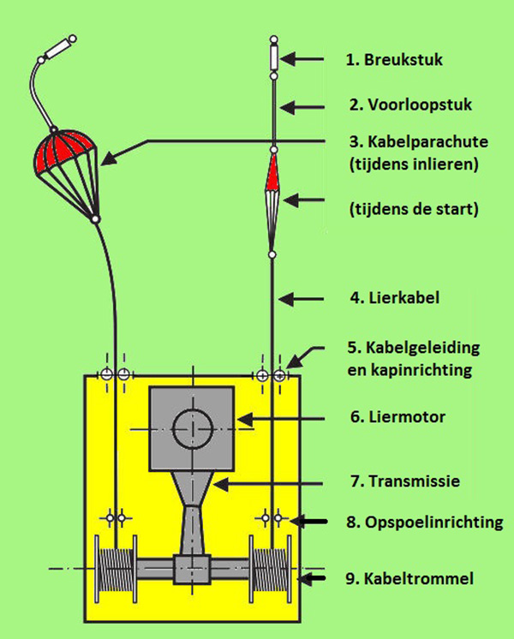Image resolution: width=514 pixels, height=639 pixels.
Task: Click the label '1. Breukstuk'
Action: point(394,60)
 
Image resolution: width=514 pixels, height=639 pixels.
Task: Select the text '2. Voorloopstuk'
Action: point(410,105)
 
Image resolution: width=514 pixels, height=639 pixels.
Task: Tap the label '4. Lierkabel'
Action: point(395,298)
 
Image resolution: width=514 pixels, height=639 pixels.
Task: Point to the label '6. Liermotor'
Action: point(397,417)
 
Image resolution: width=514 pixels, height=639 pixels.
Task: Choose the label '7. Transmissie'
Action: point(405,481)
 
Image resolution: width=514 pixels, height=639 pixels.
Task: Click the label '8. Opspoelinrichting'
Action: point(425,523)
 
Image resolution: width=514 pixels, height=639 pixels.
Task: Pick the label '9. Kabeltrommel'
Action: point(409,579)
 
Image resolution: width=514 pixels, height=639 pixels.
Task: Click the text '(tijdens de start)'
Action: point(414,209)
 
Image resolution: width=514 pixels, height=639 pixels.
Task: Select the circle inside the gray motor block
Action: point(193,429)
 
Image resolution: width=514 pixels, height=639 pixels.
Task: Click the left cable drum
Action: point(117,569)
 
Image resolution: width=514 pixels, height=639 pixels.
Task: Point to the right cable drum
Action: point(271,569)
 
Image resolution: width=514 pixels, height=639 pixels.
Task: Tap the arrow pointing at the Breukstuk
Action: point(302,59)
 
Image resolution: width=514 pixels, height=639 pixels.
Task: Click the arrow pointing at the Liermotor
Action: point(280,419)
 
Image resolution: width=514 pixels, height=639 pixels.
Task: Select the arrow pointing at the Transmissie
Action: point(268,484)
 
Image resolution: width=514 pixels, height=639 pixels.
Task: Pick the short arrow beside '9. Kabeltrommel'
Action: point(312,578)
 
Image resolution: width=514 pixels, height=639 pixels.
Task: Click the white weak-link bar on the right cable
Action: point(274,57)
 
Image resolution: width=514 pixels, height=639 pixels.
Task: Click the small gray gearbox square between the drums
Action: point(192,569)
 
